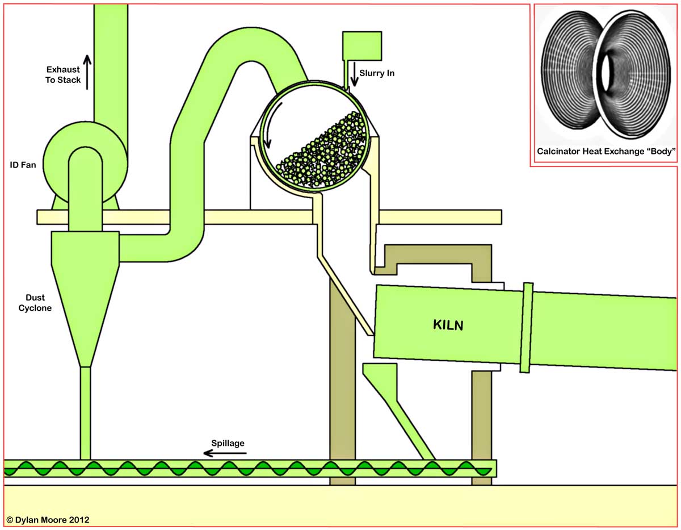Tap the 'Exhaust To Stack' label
(x=62, y=74)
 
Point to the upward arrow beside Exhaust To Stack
(x=87, y=72)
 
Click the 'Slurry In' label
(x=377, y=73)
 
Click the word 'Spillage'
(x=228, y=443)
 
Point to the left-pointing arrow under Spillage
(x=225, y=453)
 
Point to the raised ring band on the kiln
(x=527, y=327)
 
